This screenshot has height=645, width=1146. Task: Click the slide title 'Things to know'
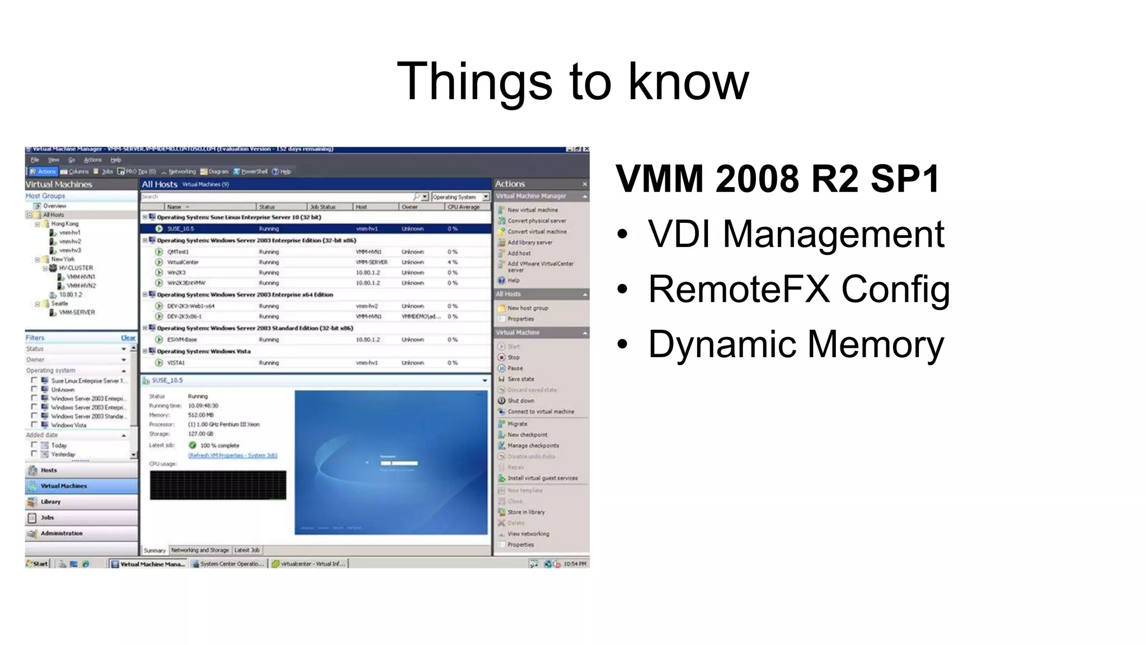(x=572, y=82)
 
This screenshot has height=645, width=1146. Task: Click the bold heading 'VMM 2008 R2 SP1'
(x=778, y=179)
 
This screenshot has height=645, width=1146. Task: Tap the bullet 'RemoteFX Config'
(x=799, y=289)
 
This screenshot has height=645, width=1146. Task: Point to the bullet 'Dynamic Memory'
(x=796, y=344)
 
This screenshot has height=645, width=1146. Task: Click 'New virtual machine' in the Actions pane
(x=532, y=210)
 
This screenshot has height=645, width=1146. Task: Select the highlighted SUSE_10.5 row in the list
(x=316, y=228)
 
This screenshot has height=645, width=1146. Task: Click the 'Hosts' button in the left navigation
(x=49, y=470)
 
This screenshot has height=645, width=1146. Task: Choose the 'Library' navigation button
(x=50, y=502)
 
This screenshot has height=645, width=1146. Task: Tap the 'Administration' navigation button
(x=61, y=534)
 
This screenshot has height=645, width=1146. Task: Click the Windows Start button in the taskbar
(x=37, y=564)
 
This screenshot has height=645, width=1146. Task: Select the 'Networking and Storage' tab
(x=200, y=550)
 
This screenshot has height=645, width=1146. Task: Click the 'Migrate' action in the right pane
(x=517, y=424)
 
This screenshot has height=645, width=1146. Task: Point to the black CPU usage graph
(x=218, y=485)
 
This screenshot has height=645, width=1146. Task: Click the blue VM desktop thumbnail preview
(x=391, y=462)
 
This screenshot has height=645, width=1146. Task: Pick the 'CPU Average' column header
(x=463, y=207)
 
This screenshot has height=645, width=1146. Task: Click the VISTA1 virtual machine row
(x=176, y=363)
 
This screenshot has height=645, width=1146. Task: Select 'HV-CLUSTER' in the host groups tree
(x=76, y=268)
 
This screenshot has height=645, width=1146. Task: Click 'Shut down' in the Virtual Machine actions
(x=520, y=401)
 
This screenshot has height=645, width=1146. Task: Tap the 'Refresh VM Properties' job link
(x=232, y=456)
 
